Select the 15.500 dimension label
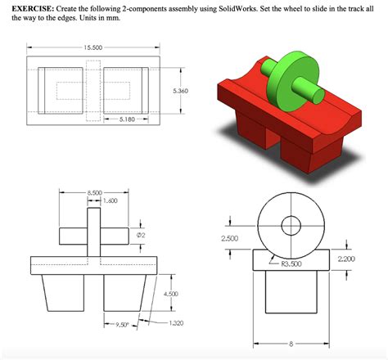tap(92, 47)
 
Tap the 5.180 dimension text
tap(128, 119)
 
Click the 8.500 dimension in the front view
tap(96, 191)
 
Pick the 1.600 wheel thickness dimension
tap(111, 200)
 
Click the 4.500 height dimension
tap(172, 293)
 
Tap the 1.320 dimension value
tap(174, 323)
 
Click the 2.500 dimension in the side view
tap(230, 238)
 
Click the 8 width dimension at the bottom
tap(290, 344)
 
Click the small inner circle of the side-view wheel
tap(291, 225)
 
